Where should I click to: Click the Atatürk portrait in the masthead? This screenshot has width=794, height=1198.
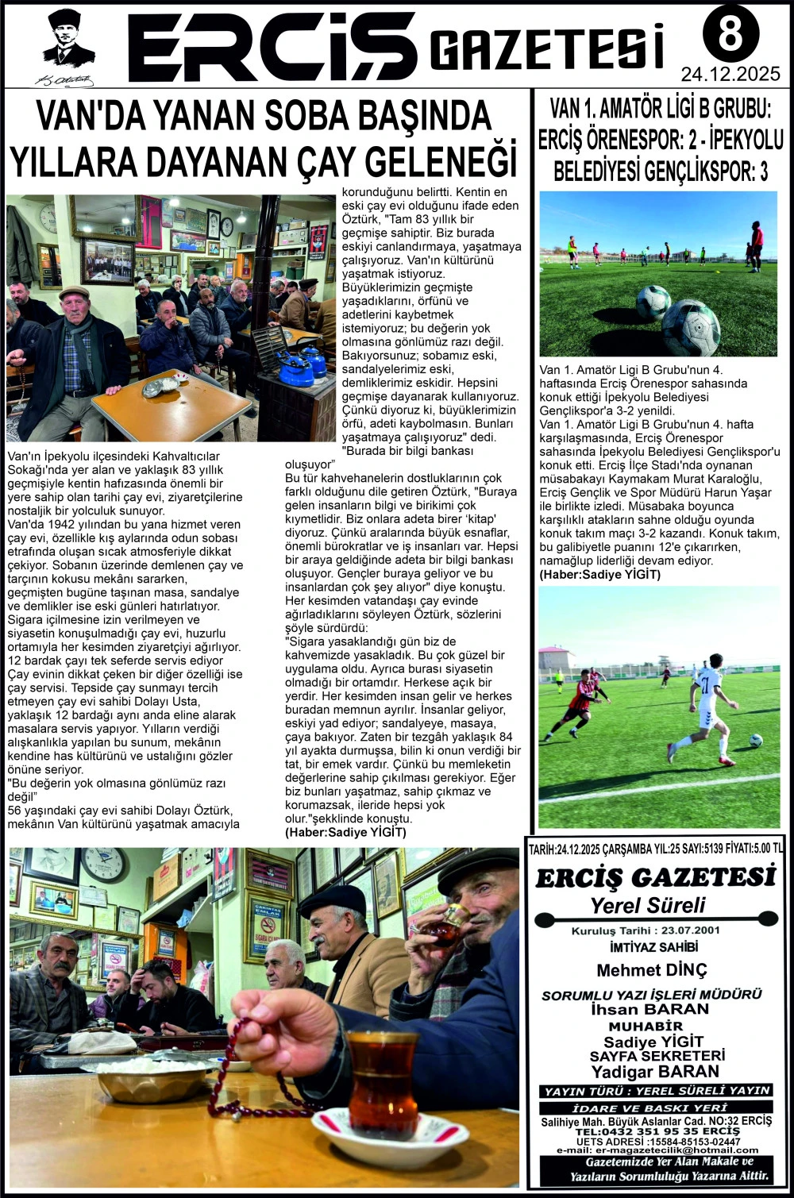click(x=67, y=40)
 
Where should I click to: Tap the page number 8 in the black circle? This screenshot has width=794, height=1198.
click(x=730, y=33)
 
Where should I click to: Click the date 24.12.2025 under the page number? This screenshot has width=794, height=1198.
click(x=730, y=75)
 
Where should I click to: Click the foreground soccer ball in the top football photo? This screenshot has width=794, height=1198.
click(x=690, y=326)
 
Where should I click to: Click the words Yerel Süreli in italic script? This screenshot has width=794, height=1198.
click(x=648, y=905)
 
